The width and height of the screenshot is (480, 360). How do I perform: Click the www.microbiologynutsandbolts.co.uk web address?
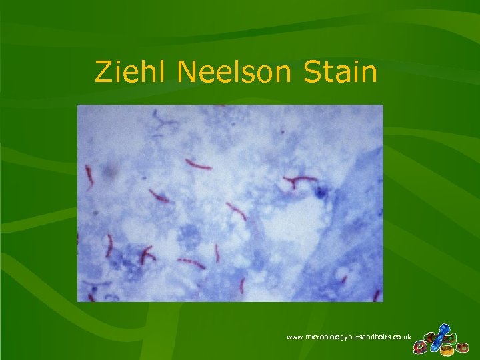(x=348, y=338)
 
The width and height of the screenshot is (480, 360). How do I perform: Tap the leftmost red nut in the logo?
(x=420, y=347)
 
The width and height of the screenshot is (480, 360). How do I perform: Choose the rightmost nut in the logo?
(x=461, y=347)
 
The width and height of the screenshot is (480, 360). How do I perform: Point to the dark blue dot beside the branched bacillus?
(x=321, y=193)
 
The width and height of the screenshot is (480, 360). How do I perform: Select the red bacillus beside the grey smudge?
(x=88, y=176)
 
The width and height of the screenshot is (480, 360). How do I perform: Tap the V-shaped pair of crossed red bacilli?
(x=145, y=254)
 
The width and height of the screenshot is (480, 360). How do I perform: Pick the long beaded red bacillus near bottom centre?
(x=191, y=263)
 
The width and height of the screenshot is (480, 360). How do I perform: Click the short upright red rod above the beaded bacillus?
(x=217, y=253)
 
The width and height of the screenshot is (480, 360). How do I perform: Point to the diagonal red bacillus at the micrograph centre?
(x=236, y=211)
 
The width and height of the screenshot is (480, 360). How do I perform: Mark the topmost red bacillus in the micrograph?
(x=198, y=164)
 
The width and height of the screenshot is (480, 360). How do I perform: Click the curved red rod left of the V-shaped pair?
(x=109, y=245)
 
